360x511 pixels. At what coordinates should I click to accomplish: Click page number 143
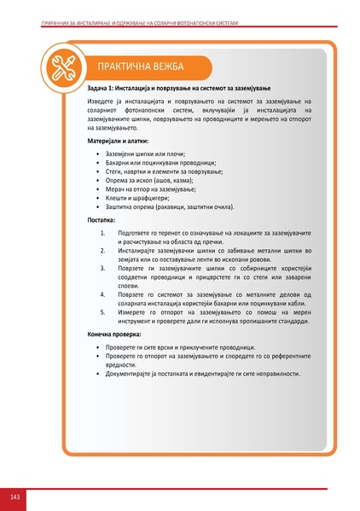click(x=15, y=496)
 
